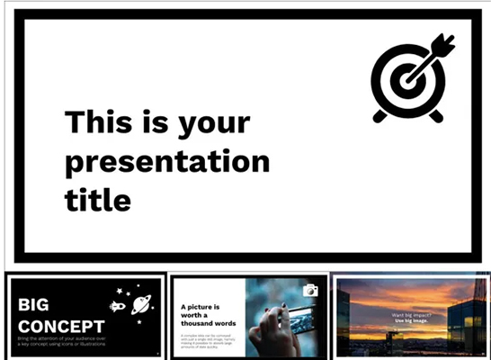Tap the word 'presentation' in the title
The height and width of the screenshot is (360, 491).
pyautogui.click(x=167, y=162)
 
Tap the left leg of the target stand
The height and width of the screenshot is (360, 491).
pyautogui.click(x=380, y=115)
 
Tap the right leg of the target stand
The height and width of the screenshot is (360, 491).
pyautogui.click(x=435, y=115)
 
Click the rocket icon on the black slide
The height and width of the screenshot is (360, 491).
pyautogui.click(x=117, y=306)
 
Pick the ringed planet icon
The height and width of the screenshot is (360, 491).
pyautogui.click(x=141, y=304)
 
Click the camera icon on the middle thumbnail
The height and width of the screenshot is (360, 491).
pyautogui.click(x=310, y=290)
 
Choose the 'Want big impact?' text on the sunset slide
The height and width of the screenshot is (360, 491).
pyautogui.click(x=412, y=315)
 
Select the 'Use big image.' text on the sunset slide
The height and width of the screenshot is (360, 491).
pyautogui.click(x=413, y=321)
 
